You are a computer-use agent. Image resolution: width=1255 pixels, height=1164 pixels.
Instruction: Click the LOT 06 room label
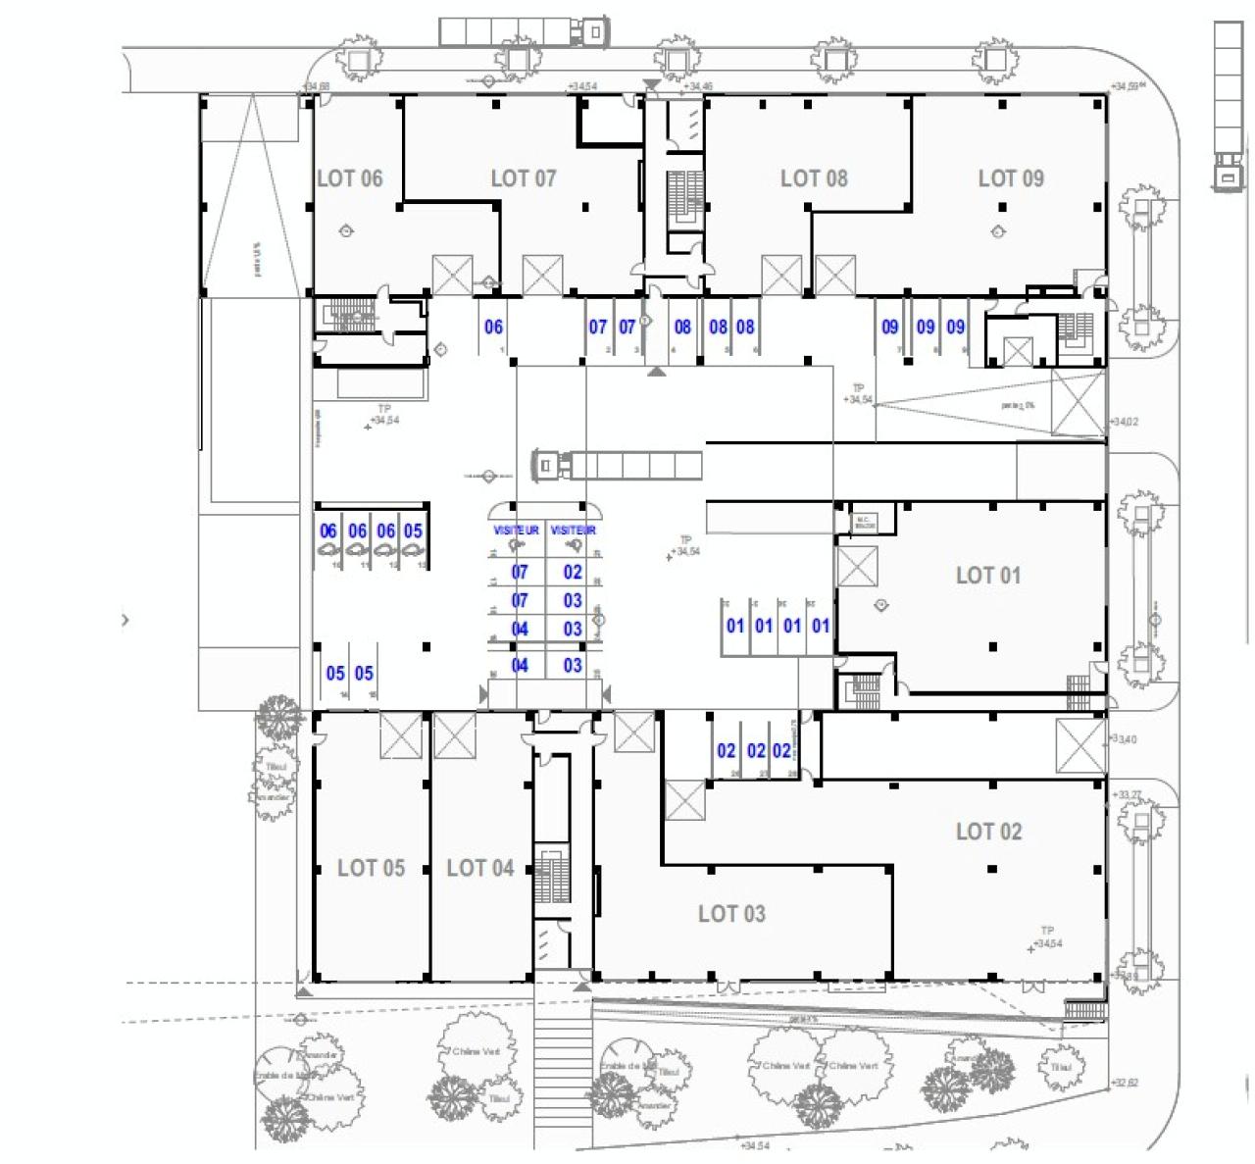pyautogui.click(x=349, y=178)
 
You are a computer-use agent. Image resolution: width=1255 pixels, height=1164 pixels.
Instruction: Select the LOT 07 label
pyautogui.click(x=523, y=178)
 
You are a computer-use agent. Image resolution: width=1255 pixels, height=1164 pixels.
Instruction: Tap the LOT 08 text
pyautogui.click(x=813, y=178)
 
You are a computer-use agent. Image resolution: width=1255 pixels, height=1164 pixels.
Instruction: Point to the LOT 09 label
pyautogui.click(x=1011, y=178)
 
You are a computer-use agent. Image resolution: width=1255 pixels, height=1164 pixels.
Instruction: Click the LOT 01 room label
pyautogui.click(x=987, y=576)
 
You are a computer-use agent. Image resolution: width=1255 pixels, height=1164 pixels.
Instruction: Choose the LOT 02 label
pyautogui.click(x=988, y=832)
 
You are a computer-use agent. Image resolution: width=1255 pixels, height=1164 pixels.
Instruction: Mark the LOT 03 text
pyautogui.click(x=730, y=914)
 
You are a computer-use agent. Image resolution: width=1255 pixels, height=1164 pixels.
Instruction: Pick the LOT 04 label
pyautogui.click(x=479, y=868)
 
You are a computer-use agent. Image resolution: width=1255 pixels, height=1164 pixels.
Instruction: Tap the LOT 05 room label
pyautogui.click(x=371, y=868)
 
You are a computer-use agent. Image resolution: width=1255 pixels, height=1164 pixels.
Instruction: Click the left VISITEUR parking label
pyautogui.click(x=517, y=531)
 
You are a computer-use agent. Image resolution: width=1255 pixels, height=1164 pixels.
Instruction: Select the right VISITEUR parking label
pyautogui.click(x=574, y=531)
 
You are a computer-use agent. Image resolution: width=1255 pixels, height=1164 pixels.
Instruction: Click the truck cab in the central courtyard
pyautogui.click(x=545, y=464)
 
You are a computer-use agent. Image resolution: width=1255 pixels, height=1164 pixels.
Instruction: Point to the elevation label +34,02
pyautogui.click(x=1124, y=422)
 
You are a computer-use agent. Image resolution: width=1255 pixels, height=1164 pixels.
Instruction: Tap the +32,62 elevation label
pyautogui.click(x=1125, y=1083)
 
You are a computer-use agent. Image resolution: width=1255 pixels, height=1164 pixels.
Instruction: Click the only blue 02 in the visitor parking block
pyautogui.click(x=573, y=572)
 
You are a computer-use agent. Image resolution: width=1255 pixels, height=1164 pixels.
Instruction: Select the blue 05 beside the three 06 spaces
pyautogui.click(x=413, y=531)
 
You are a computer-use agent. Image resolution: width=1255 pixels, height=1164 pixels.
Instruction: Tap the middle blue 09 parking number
pyautogui.click(x=925, y=328)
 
